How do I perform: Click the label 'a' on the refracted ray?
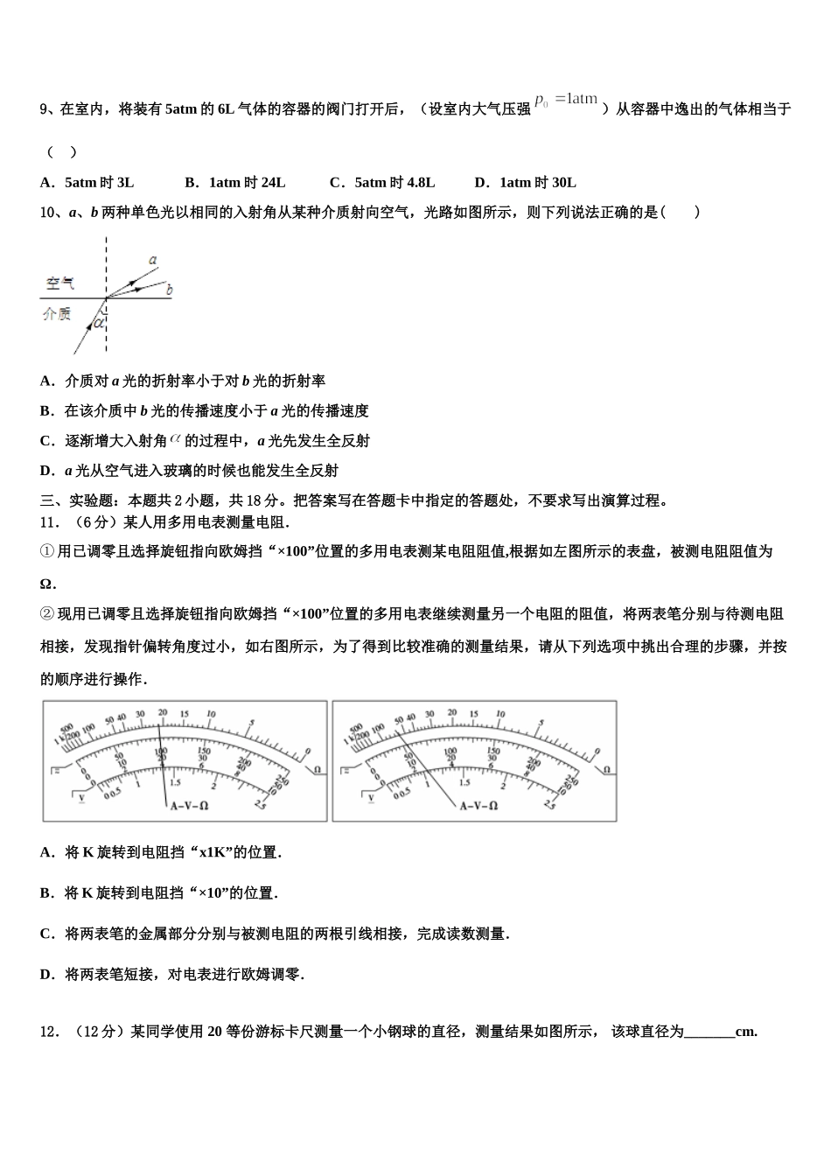point(153,260)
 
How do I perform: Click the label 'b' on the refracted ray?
point(169,290)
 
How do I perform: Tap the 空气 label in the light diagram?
point(60,283)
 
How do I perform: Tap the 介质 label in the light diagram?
point(57,313)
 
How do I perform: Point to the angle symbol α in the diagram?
point(99,322)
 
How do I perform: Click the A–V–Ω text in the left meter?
point(189,805)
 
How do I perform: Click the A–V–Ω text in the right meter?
point(478,805)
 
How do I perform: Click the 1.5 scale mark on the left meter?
point(175,782)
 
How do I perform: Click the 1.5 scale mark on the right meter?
point(464,782)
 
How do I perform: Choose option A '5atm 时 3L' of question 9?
point(87,182)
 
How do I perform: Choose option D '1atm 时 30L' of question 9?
point(525,182)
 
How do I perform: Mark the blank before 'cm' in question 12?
point(709,1032)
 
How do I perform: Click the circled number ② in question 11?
point(47,613)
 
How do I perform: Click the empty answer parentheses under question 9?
point(61,152)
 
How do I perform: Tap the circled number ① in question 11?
point(47,551)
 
